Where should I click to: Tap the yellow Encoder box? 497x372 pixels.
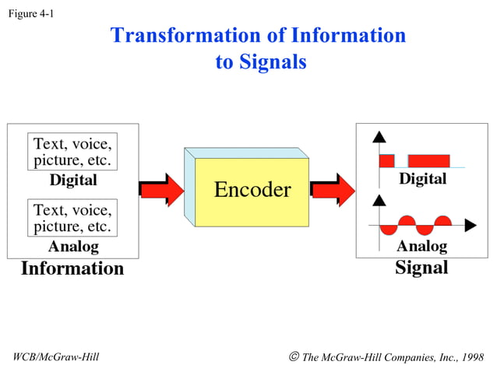pyautogui.click(x=252, y=190)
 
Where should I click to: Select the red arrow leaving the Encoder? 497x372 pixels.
pyautogui.click(x=333, y=190)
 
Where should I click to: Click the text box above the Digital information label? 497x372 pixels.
pyautogui.click(x=72, y=153)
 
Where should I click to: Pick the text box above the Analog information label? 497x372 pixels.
pyautogui.click(x=72, y=219)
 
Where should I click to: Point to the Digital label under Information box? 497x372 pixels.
pyautogui.click(x=73, y=181)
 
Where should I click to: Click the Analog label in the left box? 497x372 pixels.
pyautogui.click(x=73, y=247)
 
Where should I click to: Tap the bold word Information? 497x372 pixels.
pyautogui.click(x=72, y=269)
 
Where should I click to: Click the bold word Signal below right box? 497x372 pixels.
pyautogui.click(x=421, y=268)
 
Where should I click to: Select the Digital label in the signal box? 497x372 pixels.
pyautogui.click(x=423, y=179)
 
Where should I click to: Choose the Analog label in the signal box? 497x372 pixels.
pyautogui.click(x=421, y=247)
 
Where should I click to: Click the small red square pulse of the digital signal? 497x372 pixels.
pyautogui.click(x=387, y=160)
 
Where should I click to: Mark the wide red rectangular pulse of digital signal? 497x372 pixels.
pyautogui.click(x=428, y=160)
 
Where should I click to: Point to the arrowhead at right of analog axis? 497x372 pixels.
pyautogui.click(x=470, y=226)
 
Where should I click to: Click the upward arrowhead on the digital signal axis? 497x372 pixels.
pyautogui.click(x=379, y=137)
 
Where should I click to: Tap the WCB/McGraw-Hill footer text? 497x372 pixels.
pyautogui.click(x=56, y=357)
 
